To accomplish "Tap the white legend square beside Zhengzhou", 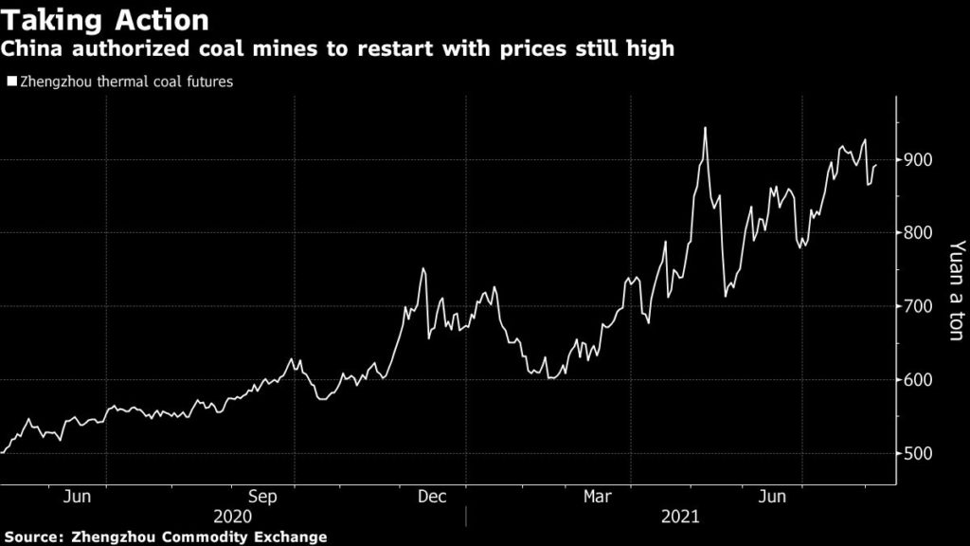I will tap(11, 82).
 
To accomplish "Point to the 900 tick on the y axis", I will tap(920, 159).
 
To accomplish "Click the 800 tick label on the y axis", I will tap(920, 233).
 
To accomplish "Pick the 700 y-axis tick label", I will tap(920, 307).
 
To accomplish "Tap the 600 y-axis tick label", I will tap(920, 380).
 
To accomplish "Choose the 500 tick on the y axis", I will tap(920, 454).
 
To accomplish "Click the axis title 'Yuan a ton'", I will tap(956, 294).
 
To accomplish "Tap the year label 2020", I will tap(233, 518).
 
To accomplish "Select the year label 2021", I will tap(680, 518).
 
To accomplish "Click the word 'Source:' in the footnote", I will tap(33, 537).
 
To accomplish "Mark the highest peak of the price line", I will tap(705, 128).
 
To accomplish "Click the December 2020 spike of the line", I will tap(423, 269).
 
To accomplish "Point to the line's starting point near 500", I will tap(3, 453).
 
